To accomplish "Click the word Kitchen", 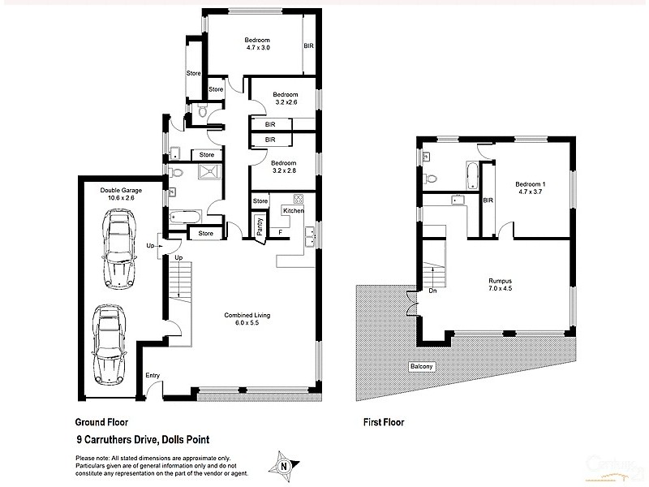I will point(293,211).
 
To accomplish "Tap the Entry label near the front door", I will point(153,375).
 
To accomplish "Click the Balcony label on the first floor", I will point(421,367).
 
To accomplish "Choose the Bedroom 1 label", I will point(531,184).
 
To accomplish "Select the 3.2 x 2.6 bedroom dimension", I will point(285,102).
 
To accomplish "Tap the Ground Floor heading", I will point(101,422).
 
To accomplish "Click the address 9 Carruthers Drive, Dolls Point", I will point(142,441).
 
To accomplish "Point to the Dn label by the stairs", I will point(432,290).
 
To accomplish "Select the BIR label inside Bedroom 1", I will point(488,200).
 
